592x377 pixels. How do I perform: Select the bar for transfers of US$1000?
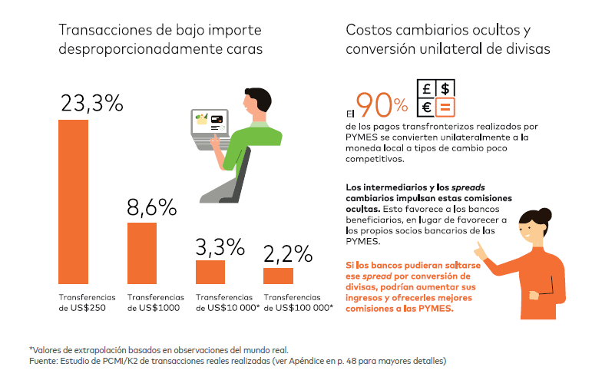point(141,253)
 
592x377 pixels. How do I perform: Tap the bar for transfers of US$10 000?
point(210,272)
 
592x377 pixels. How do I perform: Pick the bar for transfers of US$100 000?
point(278,276)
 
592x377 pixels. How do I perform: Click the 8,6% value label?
point(151,207)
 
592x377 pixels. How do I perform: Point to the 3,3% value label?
point(220,246)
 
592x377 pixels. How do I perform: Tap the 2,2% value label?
point(287,253)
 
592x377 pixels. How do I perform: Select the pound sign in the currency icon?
point(426,89)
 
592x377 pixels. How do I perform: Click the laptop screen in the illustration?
point(210,122)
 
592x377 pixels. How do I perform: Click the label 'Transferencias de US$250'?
point(87,303)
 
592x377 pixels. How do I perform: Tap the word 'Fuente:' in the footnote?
point(42,360)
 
